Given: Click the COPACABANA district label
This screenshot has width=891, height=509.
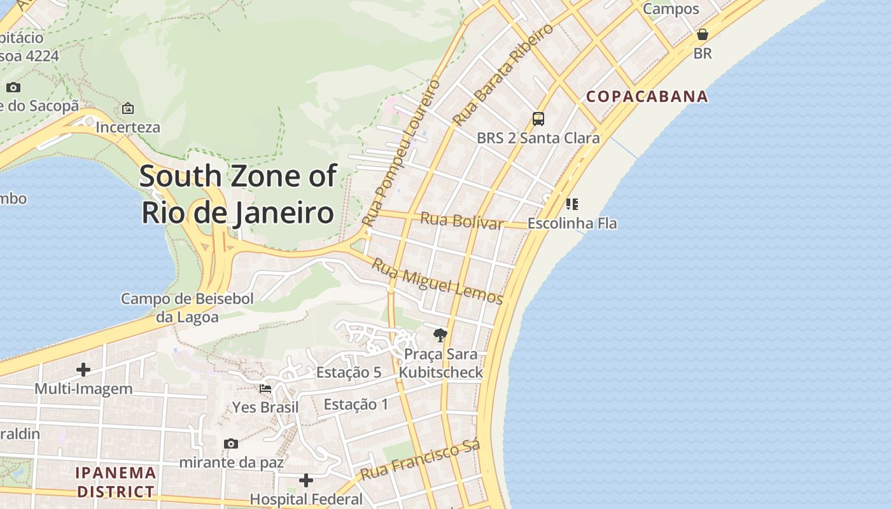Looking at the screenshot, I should (647, 96).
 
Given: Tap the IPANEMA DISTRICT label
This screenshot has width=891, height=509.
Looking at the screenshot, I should (115, 482).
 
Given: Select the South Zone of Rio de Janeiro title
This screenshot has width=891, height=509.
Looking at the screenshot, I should (237, 194).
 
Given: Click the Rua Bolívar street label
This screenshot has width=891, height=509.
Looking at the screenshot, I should (462, 221).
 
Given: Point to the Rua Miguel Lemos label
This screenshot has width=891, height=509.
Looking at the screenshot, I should (437, 281).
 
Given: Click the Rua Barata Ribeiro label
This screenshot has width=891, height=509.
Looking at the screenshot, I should (503, 75).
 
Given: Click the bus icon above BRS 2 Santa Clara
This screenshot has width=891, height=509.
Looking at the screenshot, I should (538, 118).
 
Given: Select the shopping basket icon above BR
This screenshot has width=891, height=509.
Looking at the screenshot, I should (703, 34).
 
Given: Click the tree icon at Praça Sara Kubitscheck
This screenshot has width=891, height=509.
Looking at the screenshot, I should (440, 335).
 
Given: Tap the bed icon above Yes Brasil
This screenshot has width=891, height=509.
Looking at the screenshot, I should (265, 388).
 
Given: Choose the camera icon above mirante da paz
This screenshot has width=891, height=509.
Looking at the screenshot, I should (231, 443).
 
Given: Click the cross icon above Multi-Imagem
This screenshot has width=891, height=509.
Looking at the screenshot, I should (83, 370).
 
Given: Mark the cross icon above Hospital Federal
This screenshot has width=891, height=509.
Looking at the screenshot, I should (306, 480).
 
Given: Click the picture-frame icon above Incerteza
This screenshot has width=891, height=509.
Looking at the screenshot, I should (128, 108).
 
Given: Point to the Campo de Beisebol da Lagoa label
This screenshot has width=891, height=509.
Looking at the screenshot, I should (188, 307).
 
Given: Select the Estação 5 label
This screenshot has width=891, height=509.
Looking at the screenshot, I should (349, 373).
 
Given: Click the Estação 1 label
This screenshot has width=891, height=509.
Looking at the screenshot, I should (356, 404).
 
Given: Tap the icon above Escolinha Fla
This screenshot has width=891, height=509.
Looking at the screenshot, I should (572, 204).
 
